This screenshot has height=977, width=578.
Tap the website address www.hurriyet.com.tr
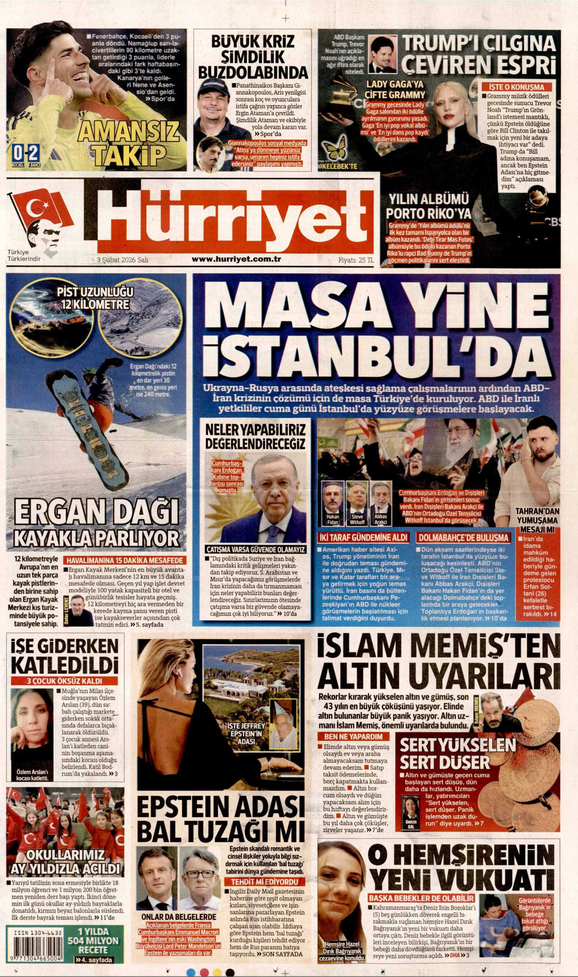pos(236,259)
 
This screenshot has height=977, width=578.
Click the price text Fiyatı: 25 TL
pos(356,260)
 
